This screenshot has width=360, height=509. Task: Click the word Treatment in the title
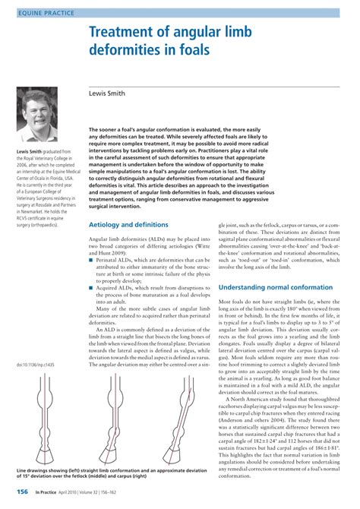pyautogui.click(x=132, y=33)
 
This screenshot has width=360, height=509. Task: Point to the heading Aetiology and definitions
pyautogui.click(x=128, y=225)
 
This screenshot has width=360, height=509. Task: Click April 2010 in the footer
pyautogui.click(x=84, y=492)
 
